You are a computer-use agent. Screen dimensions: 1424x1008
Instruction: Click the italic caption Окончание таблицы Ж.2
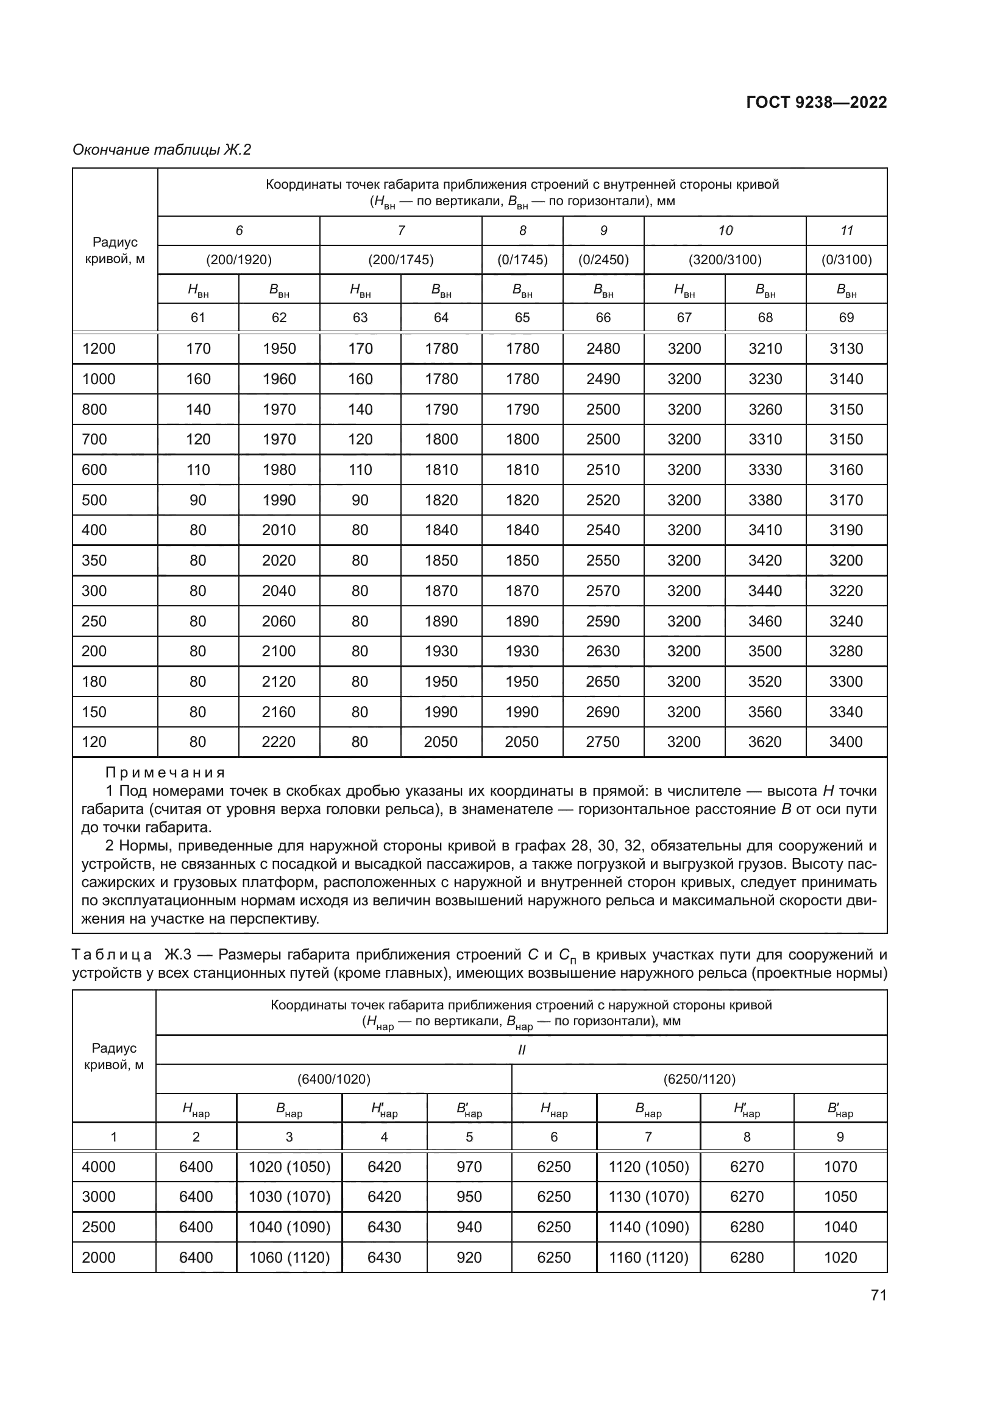click(x=162, y=150)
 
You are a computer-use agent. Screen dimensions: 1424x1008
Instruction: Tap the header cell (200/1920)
click(x=239, y=260)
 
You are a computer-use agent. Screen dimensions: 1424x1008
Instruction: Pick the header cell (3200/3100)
click(x=725, y=260)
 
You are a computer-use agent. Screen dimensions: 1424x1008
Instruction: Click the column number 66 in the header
click(x=603, y=318)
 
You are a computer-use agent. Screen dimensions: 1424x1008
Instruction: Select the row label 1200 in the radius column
click(x=99, y=349)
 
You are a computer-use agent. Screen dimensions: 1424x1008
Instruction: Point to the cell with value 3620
click(x=765, y=742)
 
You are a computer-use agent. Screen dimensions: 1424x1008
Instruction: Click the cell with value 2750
click(x=603, y=742)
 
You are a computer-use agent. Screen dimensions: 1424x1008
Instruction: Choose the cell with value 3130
click(x=846, y=349)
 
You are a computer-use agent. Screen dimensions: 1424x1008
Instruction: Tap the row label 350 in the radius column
click(x=94, y=561)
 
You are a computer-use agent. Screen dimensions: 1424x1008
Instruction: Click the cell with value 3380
click(x=765, y=500)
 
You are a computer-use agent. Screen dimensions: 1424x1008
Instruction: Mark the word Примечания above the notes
click(x=165, y=773)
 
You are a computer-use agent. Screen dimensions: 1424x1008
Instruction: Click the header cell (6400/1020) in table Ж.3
click(x=334, y=1079)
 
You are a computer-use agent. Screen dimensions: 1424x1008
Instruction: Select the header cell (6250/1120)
click(x=700, y=1079)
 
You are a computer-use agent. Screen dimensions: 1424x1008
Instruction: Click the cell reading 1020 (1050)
click(x=289, y=1167)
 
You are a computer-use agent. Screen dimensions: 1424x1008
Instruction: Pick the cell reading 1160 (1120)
click(x=648, y=1258)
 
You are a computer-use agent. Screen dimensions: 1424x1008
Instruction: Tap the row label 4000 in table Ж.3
click(x=99, y=1167)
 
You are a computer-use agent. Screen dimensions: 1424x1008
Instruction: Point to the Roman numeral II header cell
click(x=522, y=1050)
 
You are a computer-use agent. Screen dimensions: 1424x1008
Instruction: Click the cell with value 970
click(x=469, y=1167)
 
